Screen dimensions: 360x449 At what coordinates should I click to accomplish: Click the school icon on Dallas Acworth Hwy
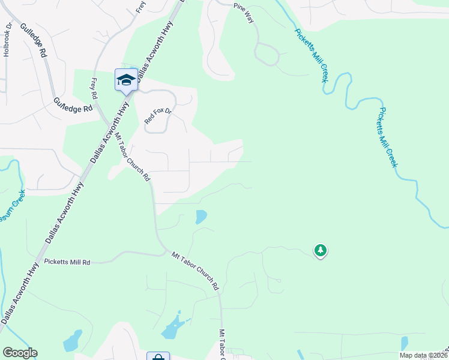coord(126,80)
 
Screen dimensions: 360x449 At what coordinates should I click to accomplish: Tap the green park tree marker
coord(321,250)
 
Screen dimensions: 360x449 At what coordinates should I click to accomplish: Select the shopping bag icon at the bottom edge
coord(158,356)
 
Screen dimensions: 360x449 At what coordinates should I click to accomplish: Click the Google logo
coord(20,353)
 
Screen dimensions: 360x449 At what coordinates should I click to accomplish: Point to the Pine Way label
coord(244,13)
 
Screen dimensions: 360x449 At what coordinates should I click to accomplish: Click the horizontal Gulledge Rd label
coord(73,105)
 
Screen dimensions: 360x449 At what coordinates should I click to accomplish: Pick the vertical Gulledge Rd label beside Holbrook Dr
coord(34,40)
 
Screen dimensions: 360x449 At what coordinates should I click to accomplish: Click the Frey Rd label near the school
coord(94,89)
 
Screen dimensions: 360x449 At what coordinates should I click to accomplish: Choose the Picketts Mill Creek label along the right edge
coord(388,137)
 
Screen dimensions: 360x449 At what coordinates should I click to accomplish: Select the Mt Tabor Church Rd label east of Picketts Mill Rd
coord(195,272)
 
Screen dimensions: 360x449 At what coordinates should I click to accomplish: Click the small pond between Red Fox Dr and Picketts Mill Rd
coord(201,216)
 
